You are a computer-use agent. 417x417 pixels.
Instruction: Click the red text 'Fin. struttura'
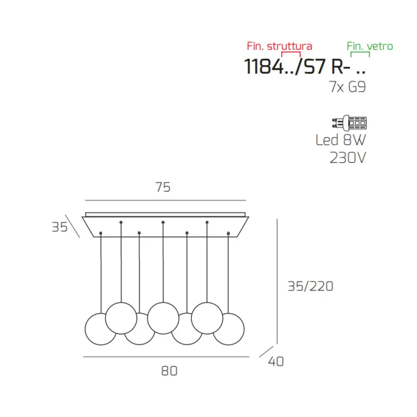click(x=279, y=46)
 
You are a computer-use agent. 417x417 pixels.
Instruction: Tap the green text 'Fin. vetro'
click(x=370, y=46)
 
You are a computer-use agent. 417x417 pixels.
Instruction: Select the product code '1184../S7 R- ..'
click(x=305, y=66)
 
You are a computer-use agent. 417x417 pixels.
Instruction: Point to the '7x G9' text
click(x=348, y=87)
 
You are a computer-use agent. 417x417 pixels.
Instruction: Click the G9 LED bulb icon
click(x=350, y=123)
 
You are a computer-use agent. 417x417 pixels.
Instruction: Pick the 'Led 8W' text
click(x=341, y=140)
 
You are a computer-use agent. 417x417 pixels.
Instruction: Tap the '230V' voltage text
click(x=348, y=158)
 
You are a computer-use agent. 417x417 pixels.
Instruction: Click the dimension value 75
click(x=163, y=187)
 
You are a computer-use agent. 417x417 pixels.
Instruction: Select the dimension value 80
click(x=169, y=371)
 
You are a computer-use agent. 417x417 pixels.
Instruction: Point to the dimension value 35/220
click(x=310, y=287)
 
